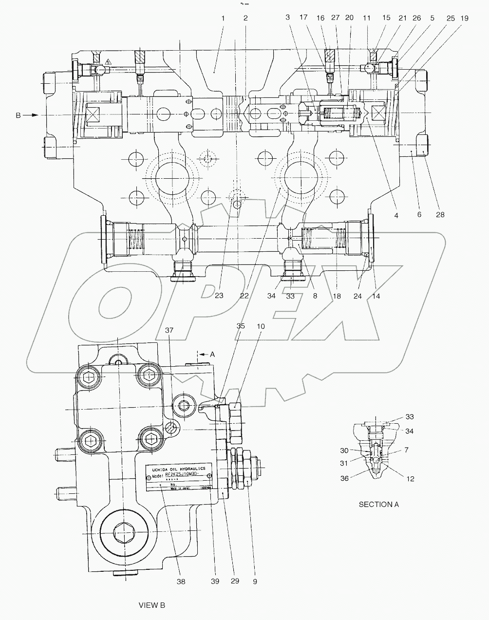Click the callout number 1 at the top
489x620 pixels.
[x=223, y=18]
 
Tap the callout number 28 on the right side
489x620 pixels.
[x=427, y=214]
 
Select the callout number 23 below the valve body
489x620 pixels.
[x=219, y=296]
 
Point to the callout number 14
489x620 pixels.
[x=376, y=296]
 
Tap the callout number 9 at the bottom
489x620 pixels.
[x=255, y=581]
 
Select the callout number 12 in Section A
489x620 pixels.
[x=410, y=479]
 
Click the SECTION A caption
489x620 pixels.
[x=378, y=505]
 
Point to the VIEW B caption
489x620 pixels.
[x=152, y=605]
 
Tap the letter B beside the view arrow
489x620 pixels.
[x=19, y=115]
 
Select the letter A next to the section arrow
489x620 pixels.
[x=212, y=355]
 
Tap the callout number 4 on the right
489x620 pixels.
[x=396, y=214]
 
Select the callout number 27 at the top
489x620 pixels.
[x=335, y=18]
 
